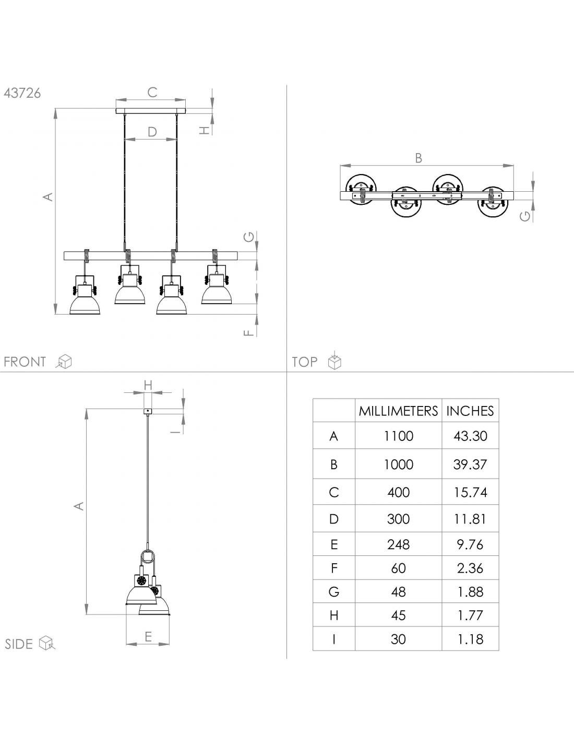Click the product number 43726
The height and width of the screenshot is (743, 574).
pos(22,93)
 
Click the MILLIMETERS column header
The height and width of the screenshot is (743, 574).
pos(398,411)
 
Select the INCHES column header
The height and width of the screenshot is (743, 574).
pos(470,411)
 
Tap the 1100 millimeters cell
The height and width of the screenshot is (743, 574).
pos(398,436)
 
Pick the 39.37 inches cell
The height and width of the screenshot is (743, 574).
pos(470,465)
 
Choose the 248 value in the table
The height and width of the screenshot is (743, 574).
pos(398,544)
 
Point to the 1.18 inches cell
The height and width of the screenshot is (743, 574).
pos(470,639)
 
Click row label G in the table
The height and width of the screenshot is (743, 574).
pos(333,592)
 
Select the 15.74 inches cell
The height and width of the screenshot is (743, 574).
pos(470,492)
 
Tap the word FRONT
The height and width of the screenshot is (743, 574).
pos(25,362)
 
